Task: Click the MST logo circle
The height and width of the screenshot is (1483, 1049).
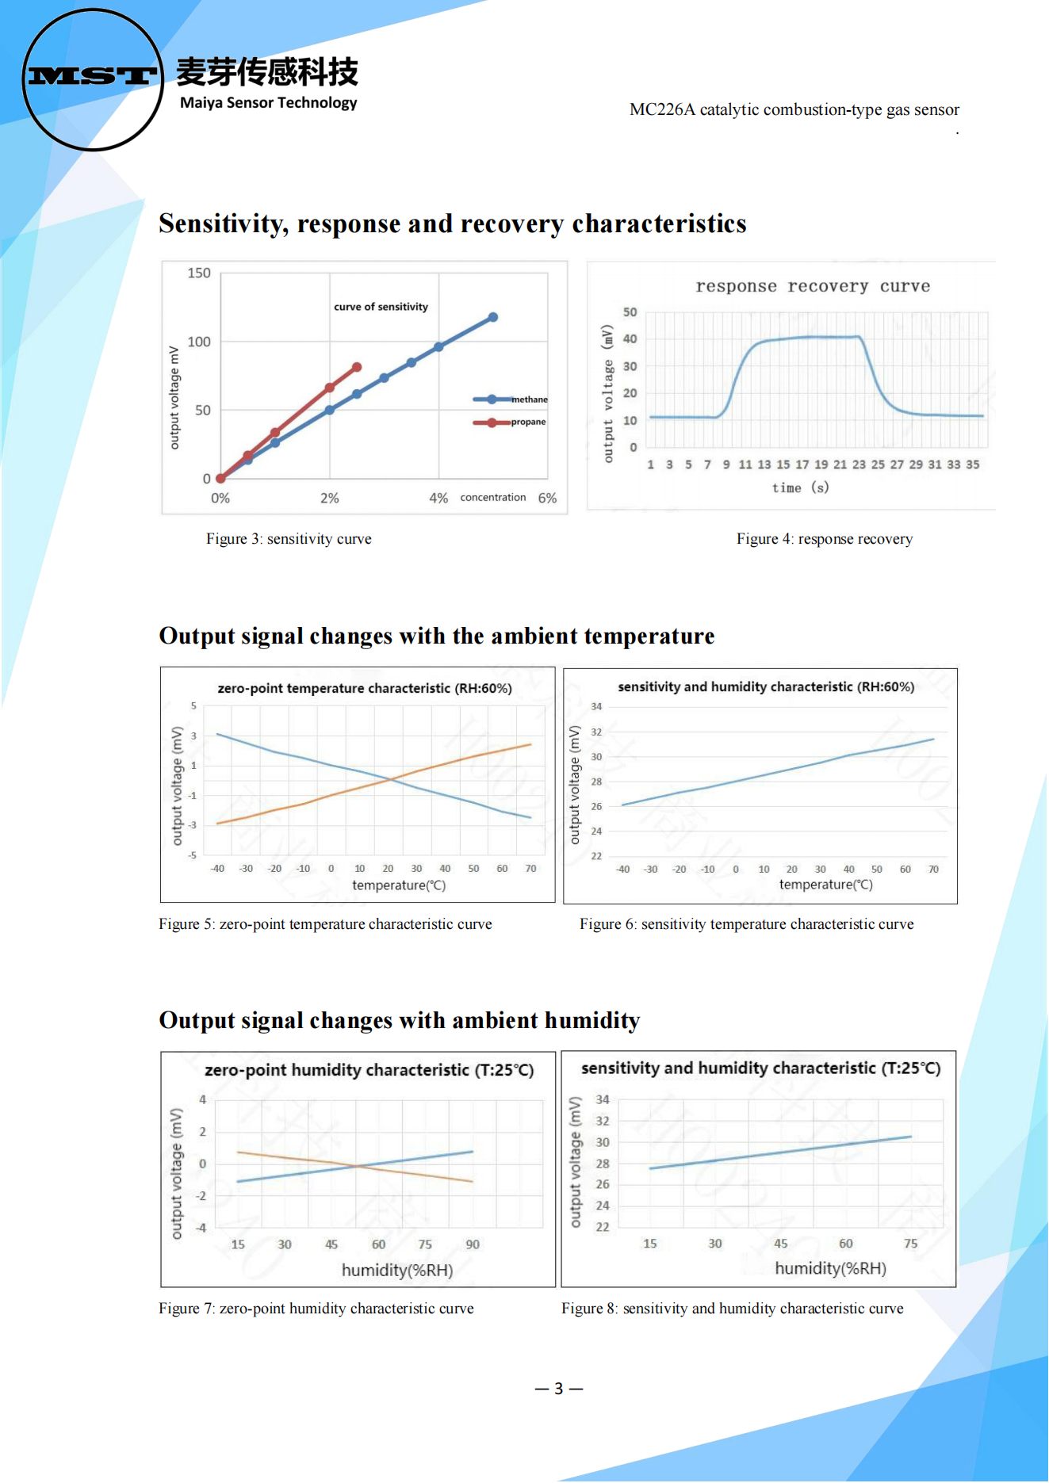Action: click(x=92, y=79)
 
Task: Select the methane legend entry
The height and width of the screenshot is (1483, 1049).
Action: click(x=511, y=399)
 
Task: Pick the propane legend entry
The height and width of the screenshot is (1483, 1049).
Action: click(x=510, y=422)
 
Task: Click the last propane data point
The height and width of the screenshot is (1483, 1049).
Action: click(x=357, y=367)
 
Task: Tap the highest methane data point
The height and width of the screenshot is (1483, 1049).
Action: click(x=492, y=317)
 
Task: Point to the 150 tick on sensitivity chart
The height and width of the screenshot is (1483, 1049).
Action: click(x=199, y=273)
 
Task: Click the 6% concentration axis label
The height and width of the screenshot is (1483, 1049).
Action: click(x=547, y=498)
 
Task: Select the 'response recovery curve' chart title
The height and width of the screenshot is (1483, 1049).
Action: click(x=813, y=286)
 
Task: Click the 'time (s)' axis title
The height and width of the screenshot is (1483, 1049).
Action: click(x=800, y=487)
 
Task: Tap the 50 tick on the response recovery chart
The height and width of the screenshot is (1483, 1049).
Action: click(x=630, y=312)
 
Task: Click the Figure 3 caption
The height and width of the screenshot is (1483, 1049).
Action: click(x=289, y=539)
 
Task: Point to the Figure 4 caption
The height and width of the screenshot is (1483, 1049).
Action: click(x=824, y=539)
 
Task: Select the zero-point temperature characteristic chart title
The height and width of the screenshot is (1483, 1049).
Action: click(x=365, y=688)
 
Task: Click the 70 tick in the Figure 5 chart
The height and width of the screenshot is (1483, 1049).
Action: click(x=530, y=869)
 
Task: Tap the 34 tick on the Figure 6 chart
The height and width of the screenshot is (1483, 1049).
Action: click(x=596, y=706)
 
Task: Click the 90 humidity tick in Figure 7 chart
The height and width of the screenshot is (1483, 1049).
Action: click(x=473, y=1244)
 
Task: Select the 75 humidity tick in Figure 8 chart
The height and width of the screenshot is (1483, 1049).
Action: click(x=910, y=1244)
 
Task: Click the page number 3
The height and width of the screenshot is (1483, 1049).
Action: click(x=559, y=1389)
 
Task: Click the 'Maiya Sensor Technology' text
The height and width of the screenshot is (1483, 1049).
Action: click(x=268, y=103)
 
